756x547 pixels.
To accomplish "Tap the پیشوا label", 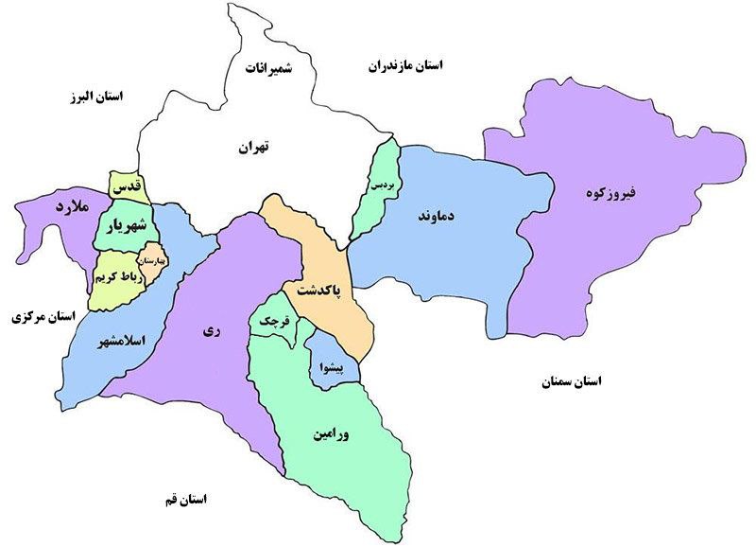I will click(x=335, y=363).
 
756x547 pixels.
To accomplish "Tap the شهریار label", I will click(x=123, y=226).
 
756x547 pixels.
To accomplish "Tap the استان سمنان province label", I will click(x=571, y=381).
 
